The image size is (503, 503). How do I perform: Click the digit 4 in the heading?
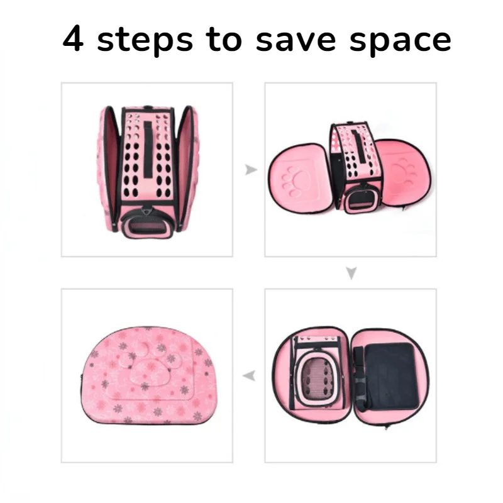[x=74, y=38]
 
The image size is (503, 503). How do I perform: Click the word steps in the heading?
[x=145, y=40]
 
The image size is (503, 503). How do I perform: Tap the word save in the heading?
[x=296, y=41]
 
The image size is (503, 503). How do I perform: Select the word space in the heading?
[x=401, y=41]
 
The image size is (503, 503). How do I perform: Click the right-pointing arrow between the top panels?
[x=251, y=170]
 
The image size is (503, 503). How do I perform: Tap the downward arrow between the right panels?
[x=351, y=273]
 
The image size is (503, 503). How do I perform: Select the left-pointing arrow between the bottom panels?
[x=249, y=375]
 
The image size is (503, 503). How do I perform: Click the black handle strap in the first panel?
[x=148, y=148]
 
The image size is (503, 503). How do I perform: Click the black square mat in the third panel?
[x=392, y=376]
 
